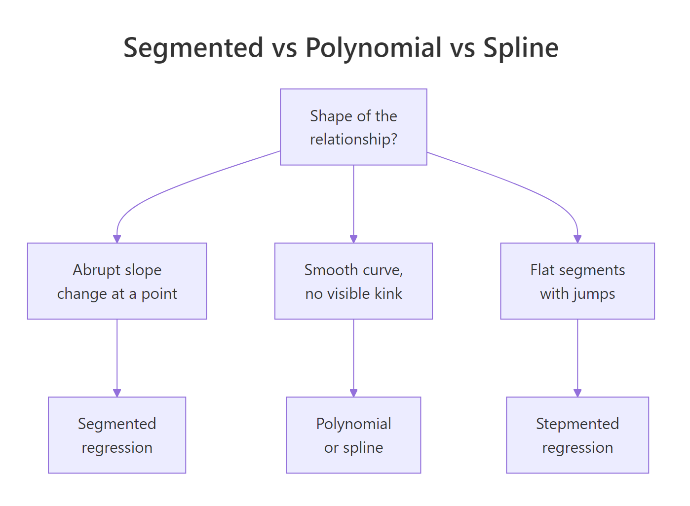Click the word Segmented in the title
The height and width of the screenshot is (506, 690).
pyautogui.click(x=193, y=48)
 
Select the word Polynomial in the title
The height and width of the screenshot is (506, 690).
pyautogui.click(x=373, y=48)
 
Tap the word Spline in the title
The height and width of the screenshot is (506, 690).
pyautogui.click(x=521, y=48)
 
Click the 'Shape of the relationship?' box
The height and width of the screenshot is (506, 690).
pyautogui.click(x=353, y=127)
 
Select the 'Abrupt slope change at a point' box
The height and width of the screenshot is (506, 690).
pyautogui.click(x=117, y=281)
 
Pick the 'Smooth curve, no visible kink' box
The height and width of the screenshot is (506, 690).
pyautogui.click(x=353, y=281)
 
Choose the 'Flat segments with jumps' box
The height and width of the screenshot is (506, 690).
pyautogui.click(x=577, y=281)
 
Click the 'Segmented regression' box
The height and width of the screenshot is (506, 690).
pyautogui.click(x=117, y=435)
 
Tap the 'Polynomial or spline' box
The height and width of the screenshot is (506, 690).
pyautogui.click(x=353, y=435)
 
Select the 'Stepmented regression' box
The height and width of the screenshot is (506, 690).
pyautogui.click(x=577, y=435)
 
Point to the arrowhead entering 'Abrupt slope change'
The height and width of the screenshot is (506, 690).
pyautogui.click(x=117, y=239)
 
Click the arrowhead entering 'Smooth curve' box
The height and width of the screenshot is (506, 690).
pyautogui.click(x=353, y=239)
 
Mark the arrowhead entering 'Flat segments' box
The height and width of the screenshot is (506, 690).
pyautogui.click(x=577, y=239)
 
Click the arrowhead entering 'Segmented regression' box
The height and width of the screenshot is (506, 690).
pyautogui.click(x=117, y=393)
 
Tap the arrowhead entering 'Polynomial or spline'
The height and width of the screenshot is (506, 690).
pyautogui.click(x=353, y=393)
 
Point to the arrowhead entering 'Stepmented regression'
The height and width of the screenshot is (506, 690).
pyautogui.click(x=577, y=393)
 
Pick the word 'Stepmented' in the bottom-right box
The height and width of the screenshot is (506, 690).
pyautogui.click(x=577, y=424)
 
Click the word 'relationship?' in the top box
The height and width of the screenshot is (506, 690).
pyautogui.click(x=353, y=140)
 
